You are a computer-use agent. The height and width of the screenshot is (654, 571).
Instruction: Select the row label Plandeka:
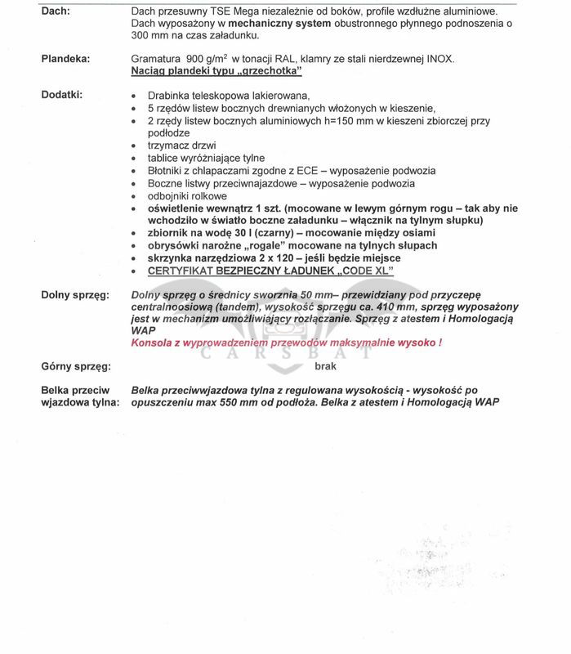(x=65, y=59)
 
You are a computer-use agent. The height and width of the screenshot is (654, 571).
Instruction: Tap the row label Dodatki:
(x=61, y=95)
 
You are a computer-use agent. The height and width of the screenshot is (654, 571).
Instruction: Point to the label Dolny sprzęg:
(x=74, y=293)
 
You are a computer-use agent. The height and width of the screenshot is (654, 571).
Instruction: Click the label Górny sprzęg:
(x=76, y=365)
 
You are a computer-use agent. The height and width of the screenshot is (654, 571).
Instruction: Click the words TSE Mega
(x=228, y=12)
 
